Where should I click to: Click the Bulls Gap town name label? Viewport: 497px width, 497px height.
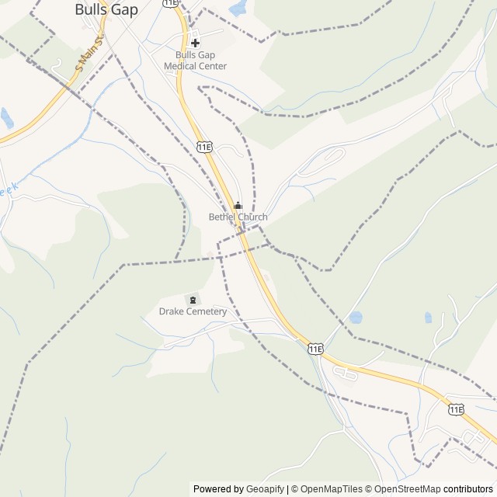pyautogui.click(x=106, y=10)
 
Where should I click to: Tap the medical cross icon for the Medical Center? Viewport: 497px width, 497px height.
pyautogui.click(x=195, y=43)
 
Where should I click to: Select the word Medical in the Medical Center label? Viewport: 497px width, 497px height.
pyautogui.click(x=180, y=67)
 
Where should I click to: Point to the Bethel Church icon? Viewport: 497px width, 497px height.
pyautogui.click(x=238, y=206)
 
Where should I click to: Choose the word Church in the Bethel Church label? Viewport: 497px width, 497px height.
pyautogui.click(x=252, y=217)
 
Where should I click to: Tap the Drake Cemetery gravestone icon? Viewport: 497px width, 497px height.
pyautogui.click(x=192, y=300)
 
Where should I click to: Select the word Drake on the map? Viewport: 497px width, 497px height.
pyautogui.click(x=172, y=312)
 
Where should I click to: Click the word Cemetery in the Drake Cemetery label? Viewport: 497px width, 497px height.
pyautogui.click(x=206, y=312)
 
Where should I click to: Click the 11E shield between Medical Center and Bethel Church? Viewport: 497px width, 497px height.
pyautogui.click(x=205, y=146)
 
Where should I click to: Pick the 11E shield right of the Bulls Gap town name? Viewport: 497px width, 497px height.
pyautogui.click(x=172, y=3)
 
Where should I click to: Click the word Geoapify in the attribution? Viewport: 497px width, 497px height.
pyautogui.click(x=265, y=489)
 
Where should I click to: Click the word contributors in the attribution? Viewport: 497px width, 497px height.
pyautogui.click(x=467, y=489)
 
